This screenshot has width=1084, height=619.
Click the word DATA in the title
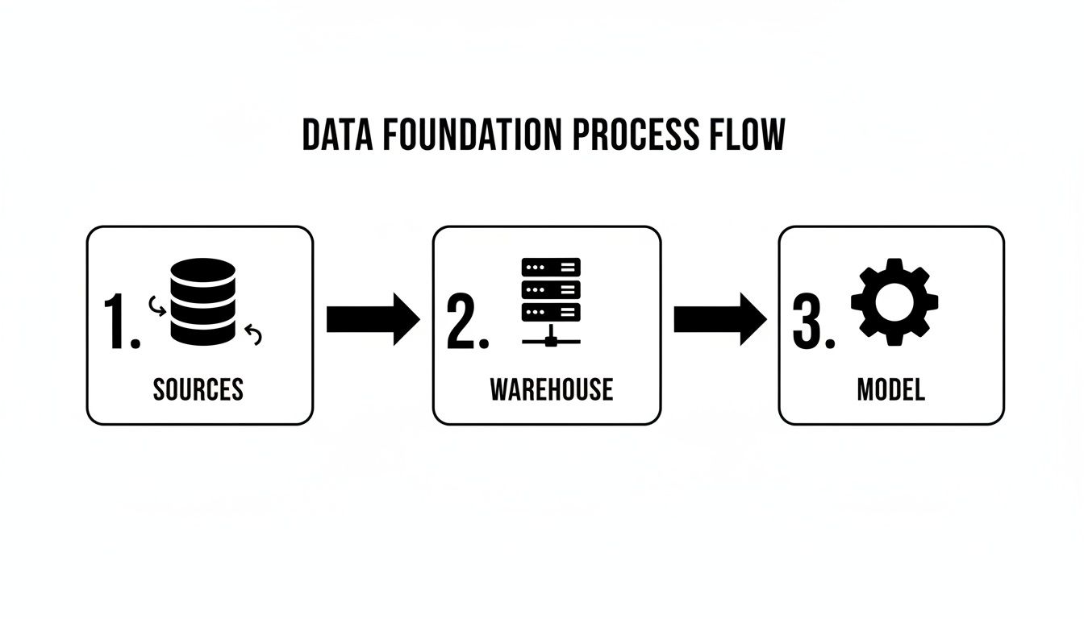click(x=339, y=135)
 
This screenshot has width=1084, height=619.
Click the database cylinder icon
click(x=203, y=301)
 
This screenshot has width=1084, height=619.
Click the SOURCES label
click(x=198, y=390)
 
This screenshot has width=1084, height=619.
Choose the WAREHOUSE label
click(x=551, y=390)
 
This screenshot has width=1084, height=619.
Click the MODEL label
click(x=890, y=390)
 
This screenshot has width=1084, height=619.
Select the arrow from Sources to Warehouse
click(x=373, y=320)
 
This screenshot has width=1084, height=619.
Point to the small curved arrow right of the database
click(x=254, y=334)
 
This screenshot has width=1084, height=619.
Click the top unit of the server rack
click(x=551, y=267)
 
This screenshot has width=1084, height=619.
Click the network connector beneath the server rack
click(x=551, y=339)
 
